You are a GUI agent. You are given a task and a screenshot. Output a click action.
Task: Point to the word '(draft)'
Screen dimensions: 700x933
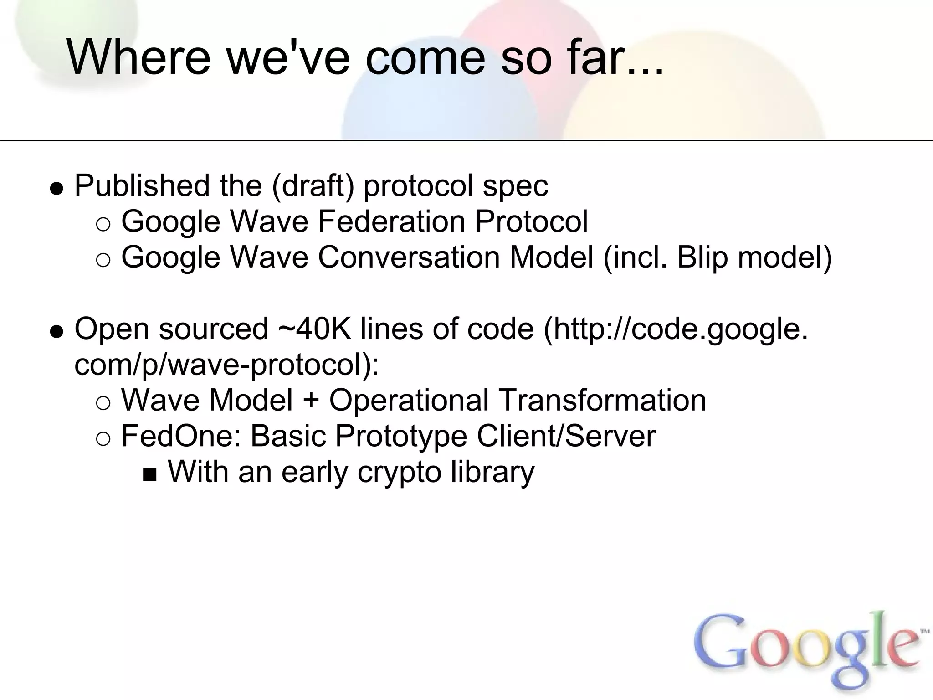[313, 186]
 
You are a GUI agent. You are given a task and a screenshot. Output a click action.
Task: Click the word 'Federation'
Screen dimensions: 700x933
[391, 221]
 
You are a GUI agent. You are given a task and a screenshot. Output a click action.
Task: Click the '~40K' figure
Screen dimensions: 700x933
[314, 329]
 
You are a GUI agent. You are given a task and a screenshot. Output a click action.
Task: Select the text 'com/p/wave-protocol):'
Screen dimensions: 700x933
[226, 365]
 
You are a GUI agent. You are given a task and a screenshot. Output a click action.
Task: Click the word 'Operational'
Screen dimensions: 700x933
[409, 400]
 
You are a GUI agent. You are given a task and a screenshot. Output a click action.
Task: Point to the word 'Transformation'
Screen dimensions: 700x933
[603, 400]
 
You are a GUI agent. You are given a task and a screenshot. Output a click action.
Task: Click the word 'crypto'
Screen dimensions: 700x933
[399, 472]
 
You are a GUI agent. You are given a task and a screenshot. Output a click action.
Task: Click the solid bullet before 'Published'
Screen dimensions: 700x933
[56, 188]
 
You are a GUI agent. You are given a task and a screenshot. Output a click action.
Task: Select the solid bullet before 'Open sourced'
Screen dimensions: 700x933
[56, 331]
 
